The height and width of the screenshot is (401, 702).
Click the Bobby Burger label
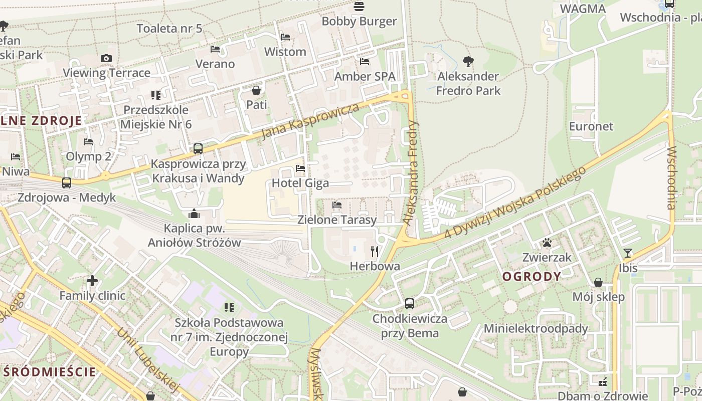(x=359, y=21)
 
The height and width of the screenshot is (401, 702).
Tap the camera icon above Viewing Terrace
(x=106, y=58)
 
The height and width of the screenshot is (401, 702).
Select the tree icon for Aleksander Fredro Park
(x=468, y=62)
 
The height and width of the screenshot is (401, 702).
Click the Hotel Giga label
(x=300, y=183)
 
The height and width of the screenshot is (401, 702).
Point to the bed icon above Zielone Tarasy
(x=337, y=205)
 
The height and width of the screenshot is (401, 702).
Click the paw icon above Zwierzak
(x=547, y=243)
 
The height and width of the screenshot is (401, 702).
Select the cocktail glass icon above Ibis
(x=627, y=253)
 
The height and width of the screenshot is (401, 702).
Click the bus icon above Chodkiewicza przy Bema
(x=410, y=303)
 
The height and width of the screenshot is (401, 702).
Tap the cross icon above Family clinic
(x=92, y=281)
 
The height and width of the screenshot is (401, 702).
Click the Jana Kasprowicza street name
(x=310, y=122)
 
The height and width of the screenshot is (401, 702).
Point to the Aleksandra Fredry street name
(x=412, y=173)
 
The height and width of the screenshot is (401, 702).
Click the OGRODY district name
(x=532, y=277)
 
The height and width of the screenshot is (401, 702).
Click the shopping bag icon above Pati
(x=256, y=90)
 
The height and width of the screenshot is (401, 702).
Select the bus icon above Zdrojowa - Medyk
(x=67, y=183)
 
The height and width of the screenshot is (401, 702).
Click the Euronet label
(x=591, y=126)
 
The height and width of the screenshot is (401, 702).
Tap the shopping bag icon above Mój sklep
(x=598, y=282)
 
